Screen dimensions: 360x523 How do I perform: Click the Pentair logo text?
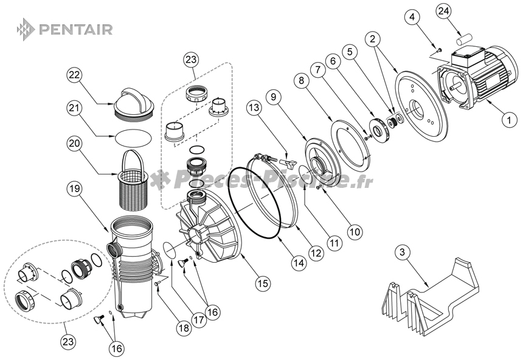(x=75, y=29)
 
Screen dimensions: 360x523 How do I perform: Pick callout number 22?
(x=74, y=75)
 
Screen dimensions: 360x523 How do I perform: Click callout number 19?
(x=74, y=189)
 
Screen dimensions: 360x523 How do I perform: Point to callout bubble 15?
(x=262, y=282)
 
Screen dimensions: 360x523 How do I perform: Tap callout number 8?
(x=300, y=79)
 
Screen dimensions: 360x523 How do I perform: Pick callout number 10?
(x=354, y=231)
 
